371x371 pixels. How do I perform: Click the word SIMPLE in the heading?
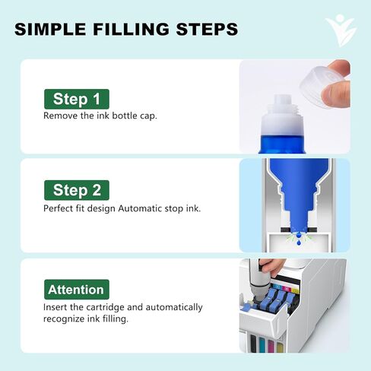[x=50, y=29]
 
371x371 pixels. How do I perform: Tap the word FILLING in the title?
[x=131, y=29]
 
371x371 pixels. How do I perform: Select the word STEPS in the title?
[x=207, y=29]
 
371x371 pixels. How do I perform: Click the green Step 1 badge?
[x=77, y=99]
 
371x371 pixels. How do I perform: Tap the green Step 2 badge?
[x=77, y=190]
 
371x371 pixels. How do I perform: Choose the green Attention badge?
[x=77, y=290]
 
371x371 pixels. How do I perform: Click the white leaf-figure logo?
[x=341, y=30]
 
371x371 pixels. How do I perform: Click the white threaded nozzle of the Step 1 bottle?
[x=282, y=106]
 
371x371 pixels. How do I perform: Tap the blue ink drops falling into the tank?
[x=299, y=238]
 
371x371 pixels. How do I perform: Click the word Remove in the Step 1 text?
[x=60, y=116]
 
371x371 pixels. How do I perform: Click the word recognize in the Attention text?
[x=64, y=319]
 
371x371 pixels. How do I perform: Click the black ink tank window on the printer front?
[x=253, y=343]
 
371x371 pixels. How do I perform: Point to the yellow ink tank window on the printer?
[x=280, y=347]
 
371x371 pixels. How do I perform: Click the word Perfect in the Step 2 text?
[x=58, y=208]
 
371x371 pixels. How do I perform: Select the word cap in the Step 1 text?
[x=148, y=116]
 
